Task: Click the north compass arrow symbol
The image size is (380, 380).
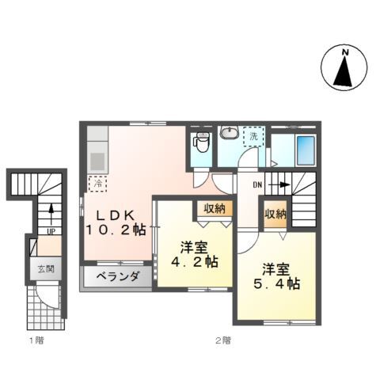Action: click(344, 73)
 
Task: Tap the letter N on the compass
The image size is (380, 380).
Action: click(344, 53)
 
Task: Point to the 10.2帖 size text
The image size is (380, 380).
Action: click(116, 230)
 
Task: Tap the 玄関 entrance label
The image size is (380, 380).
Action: click(45, 269)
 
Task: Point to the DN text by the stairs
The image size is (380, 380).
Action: click(258, 184)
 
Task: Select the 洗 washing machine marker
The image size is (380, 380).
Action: click(254, 135)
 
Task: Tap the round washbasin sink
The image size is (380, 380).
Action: click(230, 134)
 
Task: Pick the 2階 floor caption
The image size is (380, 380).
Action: click(222, 341)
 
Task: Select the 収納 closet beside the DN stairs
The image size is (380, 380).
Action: click(275, 214)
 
